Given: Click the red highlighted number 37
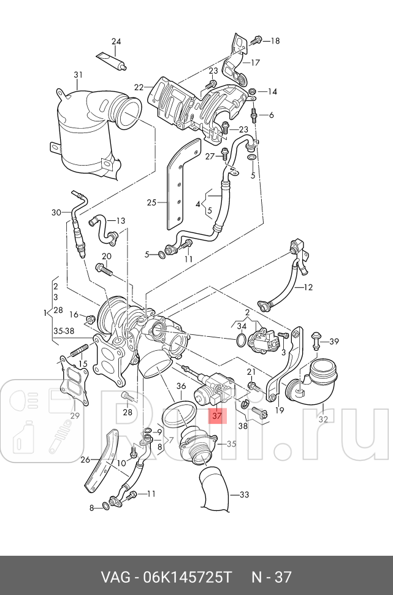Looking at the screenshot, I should tap(217, 416).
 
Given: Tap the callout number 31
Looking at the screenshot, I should tap(78, 75).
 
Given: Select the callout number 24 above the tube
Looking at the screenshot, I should tap(116, 42).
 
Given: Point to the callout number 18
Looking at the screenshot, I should tap(275, 41).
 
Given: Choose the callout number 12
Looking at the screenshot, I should tap(308, 287).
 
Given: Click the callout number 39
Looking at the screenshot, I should tap(334, 342).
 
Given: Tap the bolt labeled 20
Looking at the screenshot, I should tap(105, 268).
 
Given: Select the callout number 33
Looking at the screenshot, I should tap(244, 494).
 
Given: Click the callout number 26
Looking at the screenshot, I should tap(85, 459).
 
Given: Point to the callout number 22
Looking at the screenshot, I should tap(139, 88).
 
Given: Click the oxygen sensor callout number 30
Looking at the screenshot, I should tap(56, 212).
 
